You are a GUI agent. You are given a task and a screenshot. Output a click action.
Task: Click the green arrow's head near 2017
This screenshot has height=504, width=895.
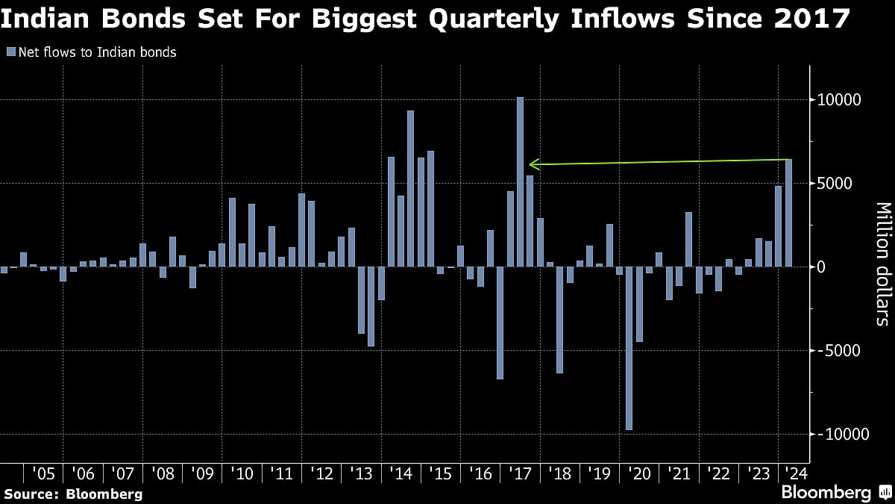coord(530,164)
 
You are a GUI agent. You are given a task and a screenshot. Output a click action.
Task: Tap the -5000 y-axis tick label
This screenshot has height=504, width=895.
coord(839,351)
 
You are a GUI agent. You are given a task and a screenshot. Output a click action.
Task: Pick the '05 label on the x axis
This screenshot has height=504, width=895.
coord(43,474)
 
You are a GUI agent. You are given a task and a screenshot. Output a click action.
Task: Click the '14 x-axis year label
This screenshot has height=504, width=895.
coord(401,474)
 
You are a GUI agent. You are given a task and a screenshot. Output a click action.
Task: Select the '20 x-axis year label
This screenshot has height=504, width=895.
coord(639,474)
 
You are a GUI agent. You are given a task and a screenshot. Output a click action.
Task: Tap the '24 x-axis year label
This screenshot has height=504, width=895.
coord(797,474)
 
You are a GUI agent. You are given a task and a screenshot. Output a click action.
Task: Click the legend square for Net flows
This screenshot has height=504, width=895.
coord(10,52)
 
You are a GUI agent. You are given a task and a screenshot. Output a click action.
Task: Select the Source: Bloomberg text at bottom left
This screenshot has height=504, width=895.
coord(73,494)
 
